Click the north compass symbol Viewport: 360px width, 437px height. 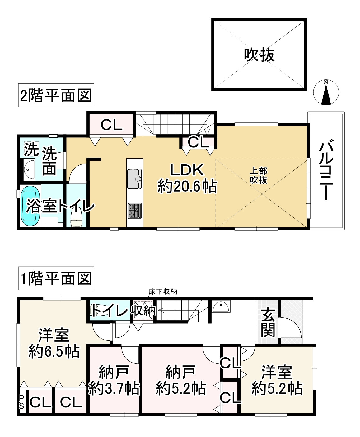(326, 93)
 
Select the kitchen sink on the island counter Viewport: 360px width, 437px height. (134, 179)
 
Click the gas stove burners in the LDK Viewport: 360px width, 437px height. (134, 211)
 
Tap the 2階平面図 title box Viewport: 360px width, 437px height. (56, 95)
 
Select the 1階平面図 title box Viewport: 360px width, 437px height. (56, 278)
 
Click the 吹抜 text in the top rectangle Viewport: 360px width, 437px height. (259, 55)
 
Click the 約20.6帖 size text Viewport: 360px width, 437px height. (187, 187)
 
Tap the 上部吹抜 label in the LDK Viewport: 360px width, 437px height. (259, 175)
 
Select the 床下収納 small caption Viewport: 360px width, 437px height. (163, 292)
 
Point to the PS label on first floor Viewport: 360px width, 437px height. (21, 402)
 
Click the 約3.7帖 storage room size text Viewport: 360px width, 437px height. (114, 388)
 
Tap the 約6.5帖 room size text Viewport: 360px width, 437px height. (54, 352)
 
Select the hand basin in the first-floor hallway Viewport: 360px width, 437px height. (221, 306)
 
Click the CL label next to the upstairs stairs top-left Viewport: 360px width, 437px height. (111, 125)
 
